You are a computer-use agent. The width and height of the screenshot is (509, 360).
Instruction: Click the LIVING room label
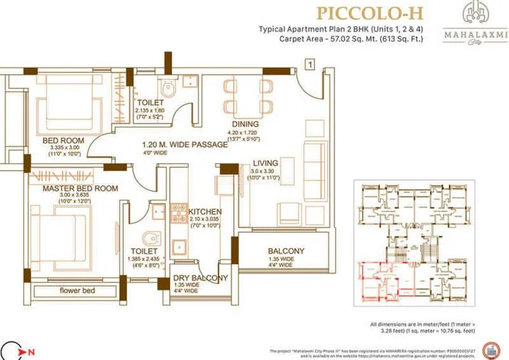(266, 162)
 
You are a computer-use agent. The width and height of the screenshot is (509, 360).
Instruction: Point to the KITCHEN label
(205, 211)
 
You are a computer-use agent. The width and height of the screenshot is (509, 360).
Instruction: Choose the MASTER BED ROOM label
(80, 188)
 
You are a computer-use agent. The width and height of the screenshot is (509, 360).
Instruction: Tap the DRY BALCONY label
(200, 278)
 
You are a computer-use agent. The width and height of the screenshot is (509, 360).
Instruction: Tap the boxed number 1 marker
(309, 65)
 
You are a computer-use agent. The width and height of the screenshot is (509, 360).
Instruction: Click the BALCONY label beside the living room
(286, 250)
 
